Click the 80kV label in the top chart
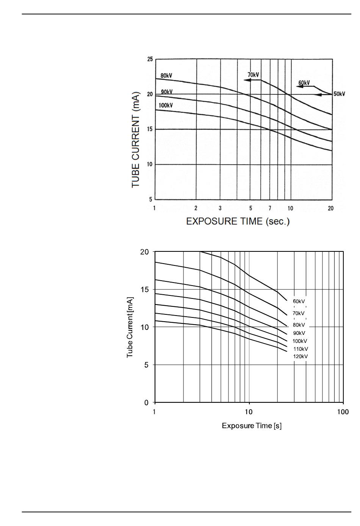pyautogui.click(x=166, y=75)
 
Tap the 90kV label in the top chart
pyautogui.click(x=166, y=92)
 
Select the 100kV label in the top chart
pyautogui.click(x=166, y=105)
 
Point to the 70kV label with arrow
pyautogui.click(x=253, y=75)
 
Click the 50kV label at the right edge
pyautogui.click(x=339, y=94)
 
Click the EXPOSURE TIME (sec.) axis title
pyautogui.click(x=238, y=221)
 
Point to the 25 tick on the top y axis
pyautogui.click(x=150, y=59)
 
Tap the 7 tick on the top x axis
pyautogui.click(x=270, y=208)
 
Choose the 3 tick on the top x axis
pyautogui.click(x=220, y=208)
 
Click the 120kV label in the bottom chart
pyautogui.click(x=300, y=356)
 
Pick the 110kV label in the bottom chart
pyautogui.click(x=301, y=349)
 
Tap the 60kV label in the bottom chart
pyautogui.click(x=299, y=301)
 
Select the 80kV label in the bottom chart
pyautogui.click(x=299, y=325)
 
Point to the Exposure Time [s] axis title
pyautogui.click(x=252, y=426)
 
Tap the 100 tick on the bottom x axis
pyautogui.click(x=343, y=412)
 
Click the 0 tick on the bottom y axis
pyautogui.click(x=146, y=402)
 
